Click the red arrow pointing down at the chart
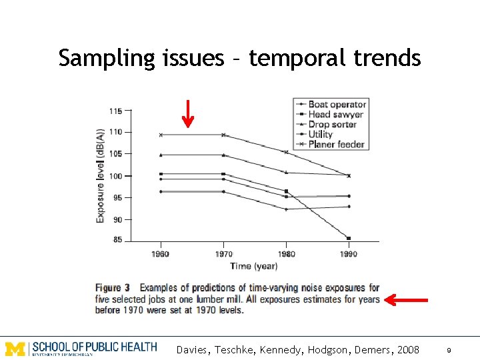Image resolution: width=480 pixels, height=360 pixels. click(x=188, y=113)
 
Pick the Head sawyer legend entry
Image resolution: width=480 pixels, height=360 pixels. click(x=333, y=114)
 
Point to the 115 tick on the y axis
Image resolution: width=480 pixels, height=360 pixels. click(x=116, y=110)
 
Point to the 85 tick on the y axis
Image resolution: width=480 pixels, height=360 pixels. click(x=118, y=240)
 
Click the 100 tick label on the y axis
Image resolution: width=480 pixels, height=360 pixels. click(x=116, y=176)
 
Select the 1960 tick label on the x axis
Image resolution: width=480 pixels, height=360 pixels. click(x=161, y=254)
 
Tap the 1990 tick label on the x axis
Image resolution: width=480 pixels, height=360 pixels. click(x=349, y=254)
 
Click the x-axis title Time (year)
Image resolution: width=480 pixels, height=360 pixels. click(x=254, y=266)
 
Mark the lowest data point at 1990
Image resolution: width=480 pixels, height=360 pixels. click(x=349, y=238)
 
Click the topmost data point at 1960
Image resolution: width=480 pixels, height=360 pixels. click(x=161, y=135)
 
